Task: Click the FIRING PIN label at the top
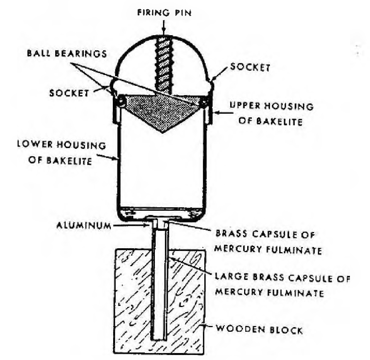click(x=164, y=12)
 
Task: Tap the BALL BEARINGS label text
click(x=67, y=53)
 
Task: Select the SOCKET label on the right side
click(x=250, y=67)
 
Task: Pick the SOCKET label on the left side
click(x=69, y=93)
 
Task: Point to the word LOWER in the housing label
click(x=35, y=144)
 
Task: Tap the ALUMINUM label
click(x=84, y=225)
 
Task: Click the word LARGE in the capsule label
click(x=231, y=276)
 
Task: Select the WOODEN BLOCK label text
click(x=259, y=329)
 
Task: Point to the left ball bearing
click(x=122, y=101)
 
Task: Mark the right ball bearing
click(x=204, y=102)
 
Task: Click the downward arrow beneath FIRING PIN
click(x=164, y=28)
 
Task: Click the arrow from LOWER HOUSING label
click(x=107, y=157)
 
